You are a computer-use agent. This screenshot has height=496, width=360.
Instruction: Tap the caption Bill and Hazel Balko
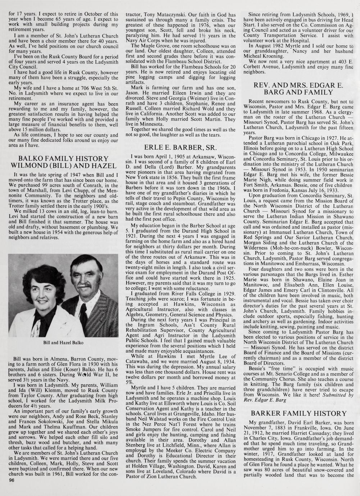click(x=63, y=342)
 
